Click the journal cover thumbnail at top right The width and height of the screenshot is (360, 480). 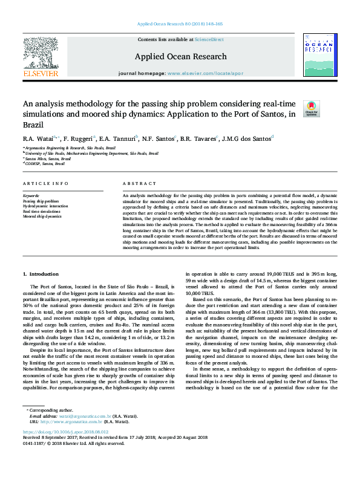click(x=318, y=55)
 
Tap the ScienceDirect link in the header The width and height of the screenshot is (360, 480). click(x=209, y=39)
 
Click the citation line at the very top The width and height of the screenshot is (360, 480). click(x=180, y=24)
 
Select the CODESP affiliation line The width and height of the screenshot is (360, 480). click(x=44, y=163)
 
